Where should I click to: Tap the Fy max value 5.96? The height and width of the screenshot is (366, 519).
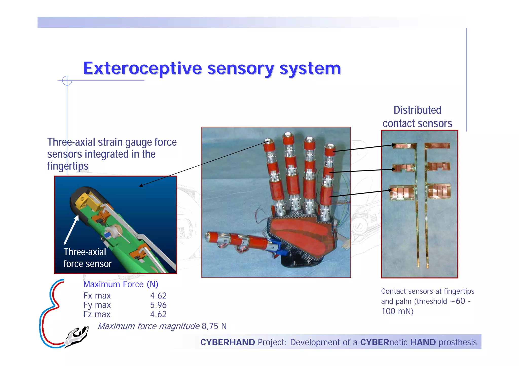pyautogui.click(x=158, y=305)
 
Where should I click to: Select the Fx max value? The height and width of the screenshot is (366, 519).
pyautogui.click(x=158, y=296)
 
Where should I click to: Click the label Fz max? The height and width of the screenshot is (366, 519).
pyautogui.click(x=97, y=314)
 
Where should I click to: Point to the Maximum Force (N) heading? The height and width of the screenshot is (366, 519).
pyautogui.click(x=121, y=284)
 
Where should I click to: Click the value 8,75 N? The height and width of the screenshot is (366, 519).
pyautogui.click(x=214, y=326)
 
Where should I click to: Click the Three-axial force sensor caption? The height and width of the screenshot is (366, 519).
pyautogui.click(x=87, y=258)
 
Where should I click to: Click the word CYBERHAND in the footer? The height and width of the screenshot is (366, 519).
pyautogui.click(x=227, y=342)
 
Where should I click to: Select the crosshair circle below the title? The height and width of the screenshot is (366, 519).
pyautogui.click(x=67, y=81)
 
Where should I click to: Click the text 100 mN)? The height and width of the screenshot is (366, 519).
pyautogui.click(x=397, y=311)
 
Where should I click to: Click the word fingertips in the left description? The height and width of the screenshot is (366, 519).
pyautogui.click(x=68, y=166)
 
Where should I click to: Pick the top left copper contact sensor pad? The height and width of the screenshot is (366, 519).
pyautogui.click(x=404, y=146)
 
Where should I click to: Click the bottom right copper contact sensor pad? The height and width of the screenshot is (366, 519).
pyautogui.click(x=439, y=191)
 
